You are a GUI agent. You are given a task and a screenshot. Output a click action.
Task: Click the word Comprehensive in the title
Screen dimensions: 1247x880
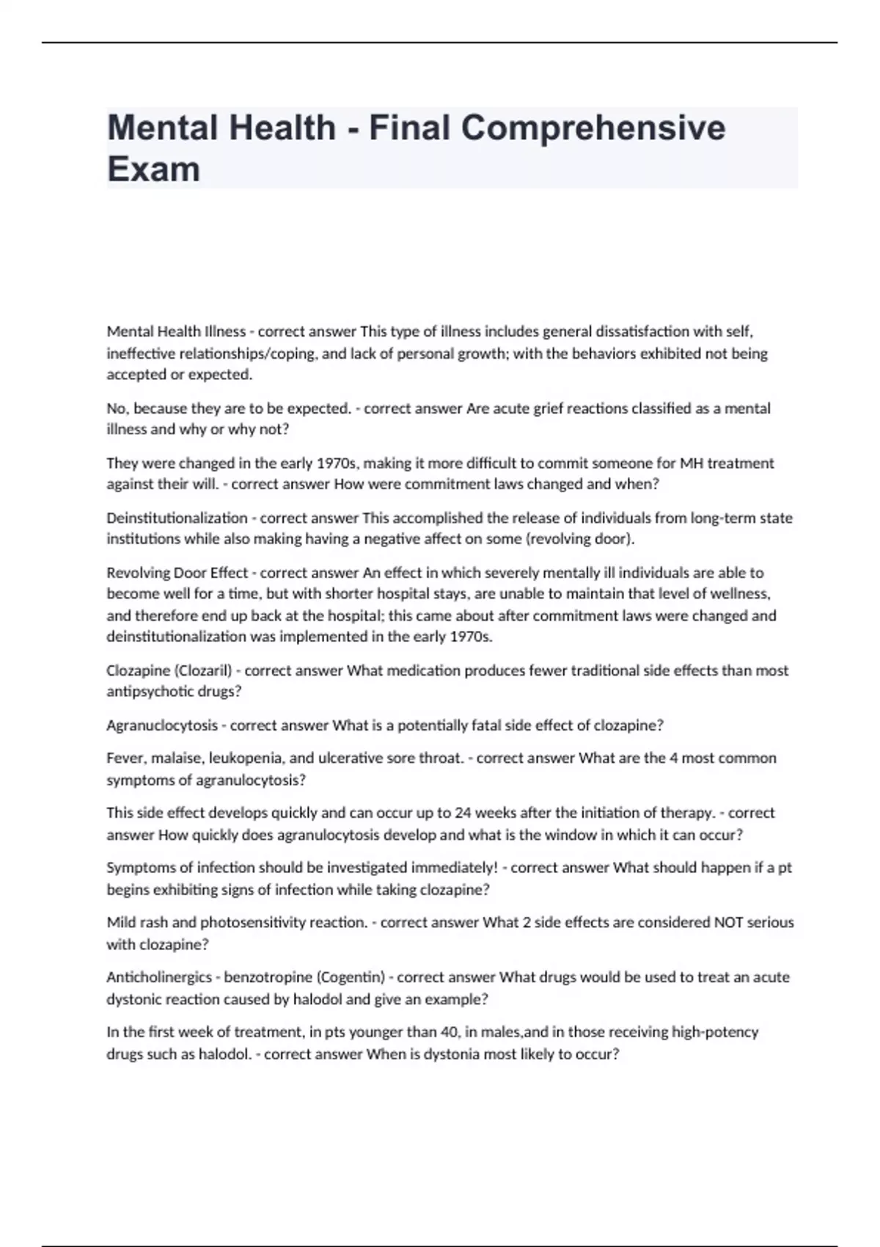[593, 128]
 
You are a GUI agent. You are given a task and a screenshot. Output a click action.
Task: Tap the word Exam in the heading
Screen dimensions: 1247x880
[153, 169]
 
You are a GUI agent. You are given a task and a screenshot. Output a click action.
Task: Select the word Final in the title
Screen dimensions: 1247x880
[409, 128]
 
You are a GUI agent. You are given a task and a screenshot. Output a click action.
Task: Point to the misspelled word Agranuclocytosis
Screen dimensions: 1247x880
[162, 725]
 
